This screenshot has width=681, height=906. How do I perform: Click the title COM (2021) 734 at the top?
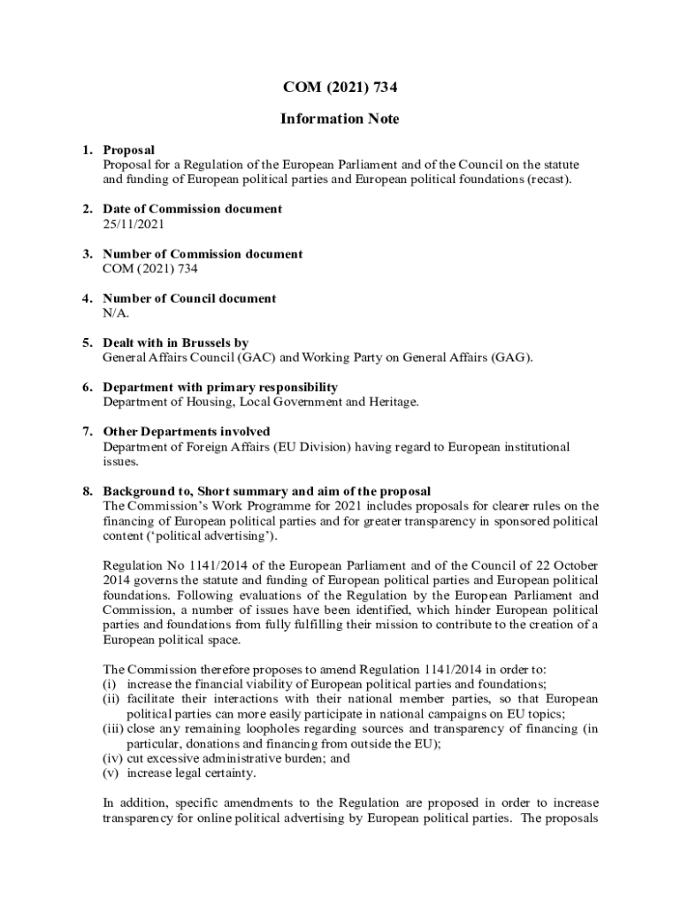pos(340,87)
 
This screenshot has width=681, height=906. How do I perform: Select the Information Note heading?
pos(340,119)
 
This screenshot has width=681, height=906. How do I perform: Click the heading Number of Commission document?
pos(203,254)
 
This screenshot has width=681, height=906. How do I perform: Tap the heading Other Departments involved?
pos(187,432)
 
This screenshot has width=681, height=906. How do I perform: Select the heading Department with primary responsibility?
pos(220,388)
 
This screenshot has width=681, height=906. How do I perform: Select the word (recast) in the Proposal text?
pos(550,180)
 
